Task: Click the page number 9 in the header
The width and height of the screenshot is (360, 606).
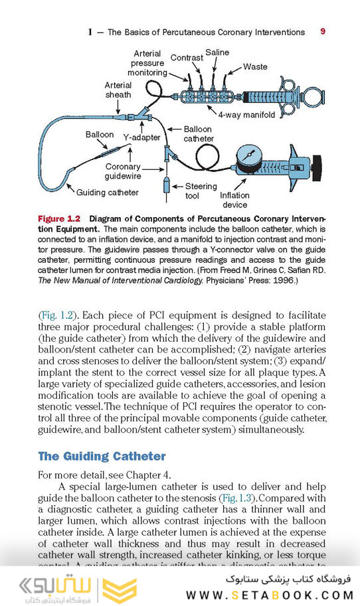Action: click(322, 31)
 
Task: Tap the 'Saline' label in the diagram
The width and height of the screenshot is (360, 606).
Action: click(217, 52)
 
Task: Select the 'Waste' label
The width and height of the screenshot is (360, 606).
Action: click(255, 66)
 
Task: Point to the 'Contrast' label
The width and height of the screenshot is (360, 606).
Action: click(187, 58)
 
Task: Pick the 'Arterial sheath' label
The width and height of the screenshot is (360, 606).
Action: click(118, 90)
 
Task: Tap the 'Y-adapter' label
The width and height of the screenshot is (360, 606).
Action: click(141, 137)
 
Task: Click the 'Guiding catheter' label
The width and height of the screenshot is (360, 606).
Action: click(108, 192)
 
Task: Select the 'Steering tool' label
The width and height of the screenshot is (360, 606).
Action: click(201, 191)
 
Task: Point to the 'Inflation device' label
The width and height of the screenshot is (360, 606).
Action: click(235, 200)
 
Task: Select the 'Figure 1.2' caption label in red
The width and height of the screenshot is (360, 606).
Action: click(59, 218)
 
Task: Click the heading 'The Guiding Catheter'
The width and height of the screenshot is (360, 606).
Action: click(102, 456)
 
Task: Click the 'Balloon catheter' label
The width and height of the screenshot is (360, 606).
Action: click(199, 134)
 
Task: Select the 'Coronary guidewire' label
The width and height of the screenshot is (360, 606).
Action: click(123, 172)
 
